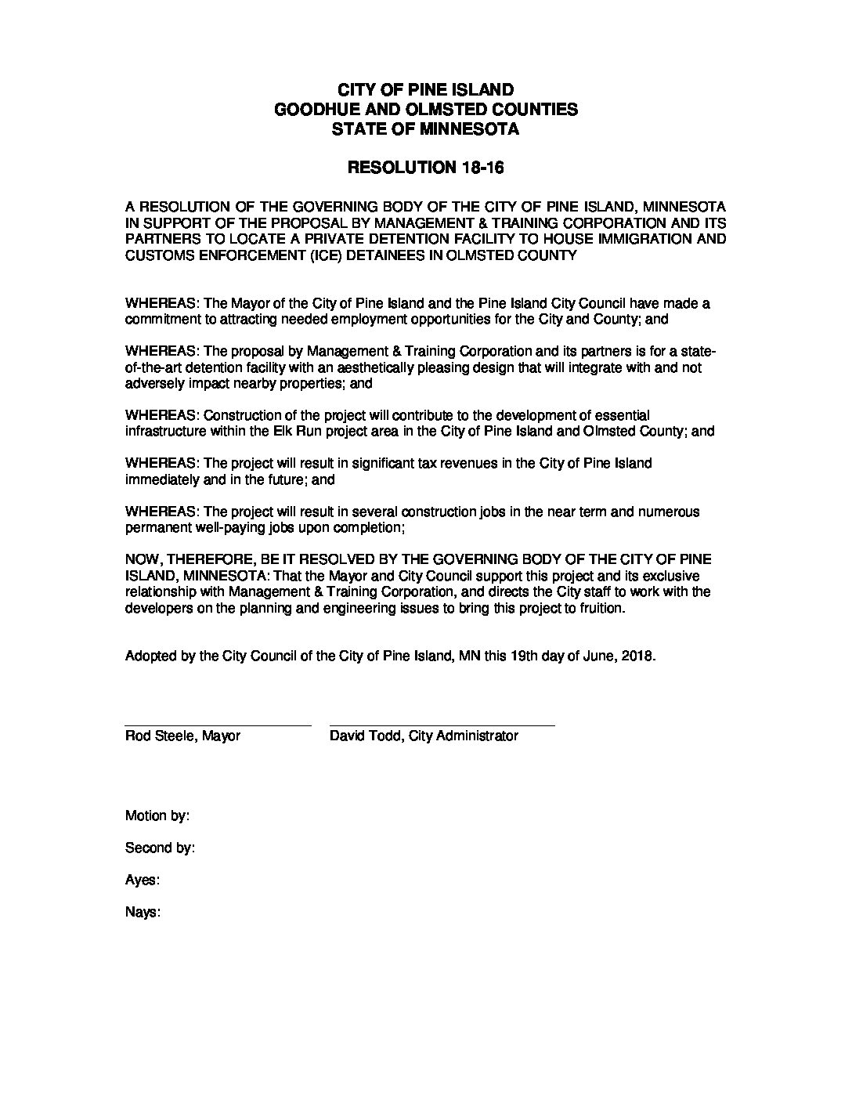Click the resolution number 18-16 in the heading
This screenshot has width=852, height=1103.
click(492, 168)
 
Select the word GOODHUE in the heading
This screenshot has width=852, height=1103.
click(308, 110)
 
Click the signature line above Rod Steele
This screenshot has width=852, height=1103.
click(218, 725)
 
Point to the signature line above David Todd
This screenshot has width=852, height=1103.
click(442, 725)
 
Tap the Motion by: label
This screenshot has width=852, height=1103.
click(157, 816)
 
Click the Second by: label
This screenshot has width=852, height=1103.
click(160, 848)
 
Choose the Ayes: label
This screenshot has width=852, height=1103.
click(143, 881)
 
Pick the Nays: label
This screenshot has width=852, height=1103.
click(143, 913)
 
